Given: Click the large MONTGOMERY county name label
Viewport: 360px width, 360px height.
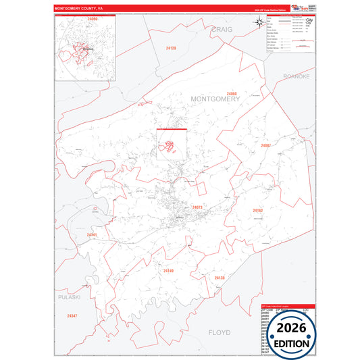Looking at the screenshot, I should click(215, 99).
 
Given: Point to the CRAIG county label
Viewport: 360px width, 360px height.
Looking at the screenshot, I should click(221, 30).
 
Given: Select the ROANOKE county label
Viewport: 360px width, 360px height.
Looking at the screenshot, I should click(296, 77).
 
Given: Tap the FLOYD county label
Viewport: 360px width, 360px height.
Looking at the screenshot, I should click(219, 332).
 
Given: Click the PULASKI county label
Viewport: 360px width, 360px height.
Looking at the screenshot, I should click(69, 297).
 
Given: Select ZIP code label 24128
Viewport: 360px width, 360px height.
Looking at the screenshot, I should click(171, 49).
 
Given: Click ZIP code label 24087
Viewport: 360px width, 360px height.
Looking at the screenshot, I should click(265, 145).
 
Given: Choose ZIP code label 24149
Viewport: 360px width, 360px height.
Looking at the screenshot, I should click(168, 270).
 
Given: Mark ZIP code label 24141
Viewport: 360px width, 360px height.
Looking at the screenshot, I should click(93, 235).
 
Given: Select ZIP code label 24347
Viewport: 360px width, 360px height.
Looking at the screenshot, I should click(72, 315).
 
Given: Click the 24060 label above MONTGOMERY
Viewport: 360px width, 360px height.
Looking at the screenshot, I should click(232, 93).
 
